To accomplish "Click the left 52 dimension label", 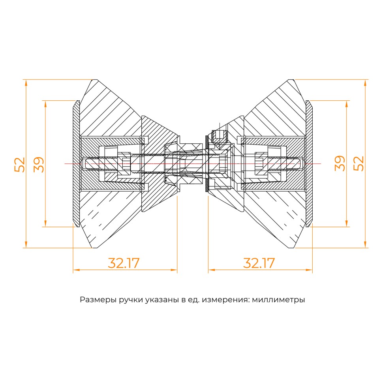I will (x=20, y=164).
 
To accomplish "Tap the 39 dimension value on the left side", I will (x=39, y=164).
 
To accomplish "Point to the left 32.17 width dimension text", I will (x=124, y=263).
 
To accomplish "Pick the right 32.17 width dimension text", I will (x=259, y=263).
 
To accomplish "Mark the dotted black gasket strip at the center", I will (x=206, y=164).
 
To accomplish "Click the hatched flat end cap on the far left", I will (x=76, y=164).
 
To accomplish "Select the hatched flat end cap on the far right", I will (x=309, y=164).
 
